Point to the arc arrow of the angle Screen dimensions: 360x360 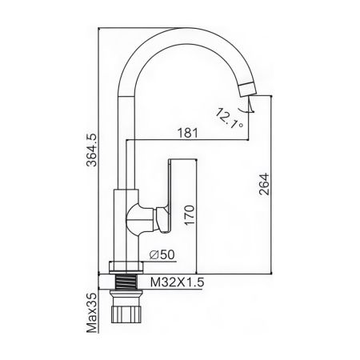(249, 108)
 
